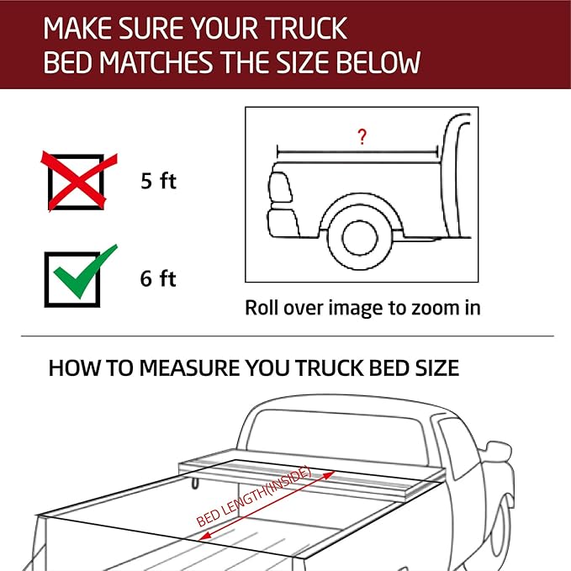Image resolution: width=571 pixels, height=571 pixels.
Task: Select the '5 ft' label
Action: (x=158, y=181)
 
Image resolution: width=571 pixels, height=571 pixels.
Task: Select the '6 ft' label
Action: (x=158, y=279)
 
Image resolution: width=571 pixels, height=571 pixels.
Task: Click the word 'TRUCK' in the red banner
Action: (x=305, y=29)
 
